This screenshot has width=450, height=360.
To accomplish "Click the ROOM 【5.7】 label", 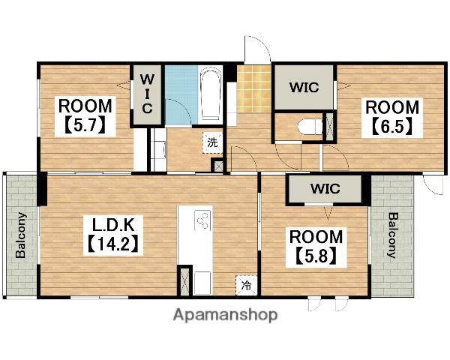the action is [x=85, y=116].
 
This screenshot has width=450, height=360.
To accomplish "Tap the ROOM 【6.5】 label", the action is [x=392, y=118].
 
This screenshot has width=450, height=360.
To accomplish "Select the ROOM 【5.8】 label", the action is [x=316, y=247].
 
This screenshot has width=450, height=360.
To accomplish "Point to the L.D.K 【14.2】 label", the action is [x=113, y=235].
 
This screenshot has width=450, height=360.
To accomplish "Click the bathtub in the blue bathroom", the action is [x=210, y=94].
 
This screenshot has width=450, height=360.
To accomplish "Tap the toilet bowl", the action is [x=309, y=127].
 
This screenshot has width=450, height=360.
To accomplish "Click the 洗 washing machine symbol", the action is [x=213, y=142].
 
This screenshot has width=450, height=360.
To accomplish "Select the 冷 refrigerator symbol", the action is [x=246, y=285].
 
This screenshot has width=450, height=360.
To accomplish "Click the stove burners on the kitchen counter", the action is [x=202, y=220].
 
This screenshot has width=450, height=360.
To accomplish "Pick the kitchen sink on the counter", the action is [x=202, y=283].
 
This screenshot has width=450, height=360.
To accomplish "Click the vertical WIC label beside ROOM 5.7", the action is [x=147, y=94].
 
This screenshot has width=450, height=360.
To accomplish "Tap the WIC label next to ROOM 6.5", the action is [x=304, y=87].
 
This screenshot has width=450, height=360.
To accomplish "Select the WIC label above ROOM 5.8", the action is [x=325, y=188].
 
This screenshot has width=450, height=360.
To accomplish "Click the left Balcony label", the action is [x=21, y=235].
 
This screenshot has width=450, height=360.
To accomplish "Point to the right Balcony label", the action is [x=393, y=235].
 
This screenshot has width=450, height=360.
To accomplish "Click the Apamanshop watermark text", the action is [x=225, y=315].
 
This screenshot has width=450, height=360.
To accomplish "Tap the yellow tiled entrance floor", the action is [x=254, y=89].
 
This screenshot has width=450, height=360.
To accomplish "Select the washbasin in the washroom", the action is [x=158, y=149].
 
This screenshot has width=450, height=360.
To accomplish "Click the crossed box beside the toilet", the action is [x=330, y=126].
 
